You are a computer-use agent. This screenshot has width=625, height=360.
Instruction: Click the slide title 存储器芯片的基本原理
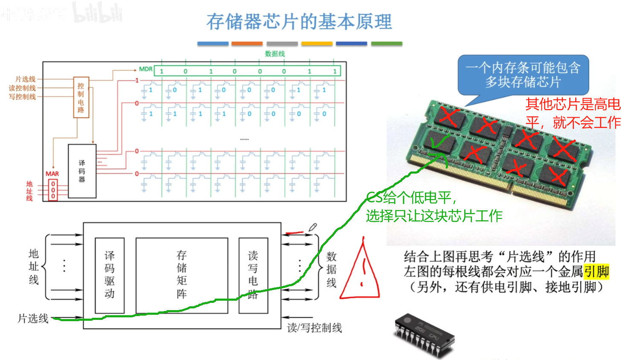click(x=299, y=22)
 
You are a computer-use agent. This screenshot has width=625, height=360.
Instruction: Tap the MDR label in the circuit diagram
click(x=145, y=69)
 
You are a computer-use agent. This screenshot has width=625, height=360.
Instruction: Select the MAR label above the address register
click(x=52, y=174)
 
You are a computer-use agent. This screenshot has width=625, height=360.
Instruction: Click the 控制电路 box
click(x=81, y=98)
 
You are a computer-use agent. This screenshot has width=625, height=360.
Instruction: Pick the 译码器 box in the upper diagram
click(x=82, y=171)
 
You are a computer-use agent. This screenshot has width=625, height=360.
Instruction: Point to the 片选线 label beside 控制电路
click(x=26, y=79)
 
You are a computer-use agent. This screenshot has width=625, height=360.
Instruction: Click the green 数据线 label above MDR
click(x=275, y=54)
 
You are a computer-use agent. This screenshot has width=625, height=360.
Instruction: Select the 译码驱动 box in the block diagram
click(x=110, y=275)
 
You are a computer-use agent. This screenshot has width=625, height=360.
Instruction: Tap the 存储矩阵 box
click(x=182, y=275)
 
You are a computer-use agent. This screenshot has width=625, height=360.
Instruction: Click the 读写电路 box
click(x=253, y=275)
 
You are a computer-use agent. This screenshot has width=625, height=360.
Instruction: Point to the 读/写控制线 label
click(x=314, y=328)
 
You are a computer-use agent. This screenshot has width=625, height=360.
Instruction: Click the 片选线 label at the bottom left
click(x=33, y=318)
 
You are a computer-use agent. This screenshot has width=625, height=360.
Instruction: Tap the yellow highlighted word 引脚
click(x=596, y=271)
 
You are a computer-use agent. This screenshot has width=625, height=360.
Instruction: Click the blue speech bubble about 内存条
click(x=523, y=75)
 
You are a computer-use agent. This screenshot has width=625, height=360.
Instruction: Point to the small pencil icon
click(x=313, y=227)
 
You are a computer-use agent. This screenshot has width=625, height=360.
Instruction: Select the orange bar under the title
click(x=247, y=44)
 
